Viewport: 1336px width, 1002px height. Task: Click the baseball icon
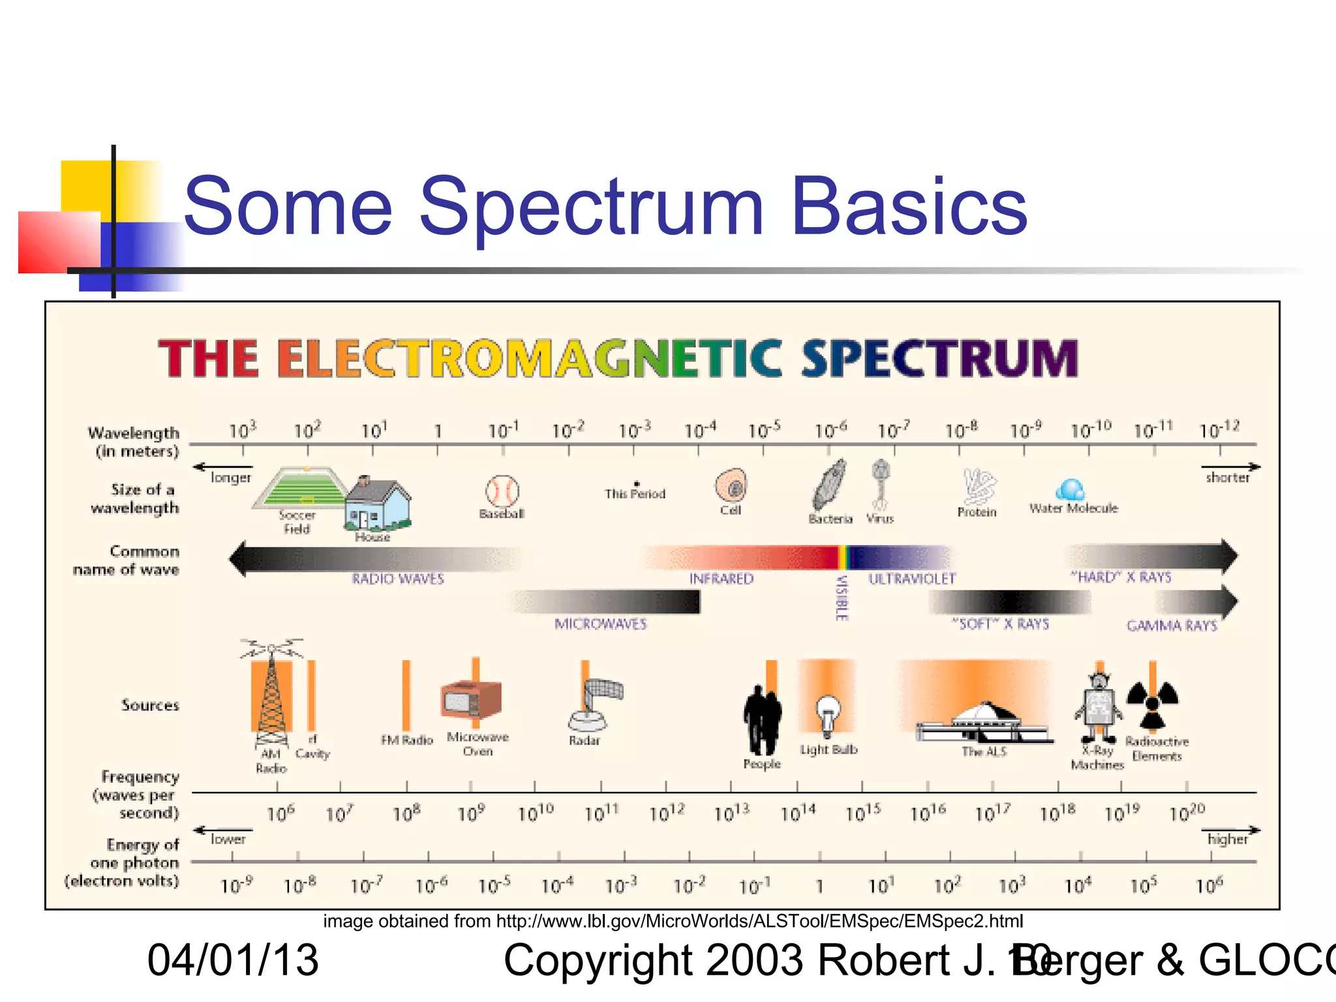(x=502, y=491)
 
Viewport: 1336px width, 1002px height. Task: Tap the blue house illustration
(x=377, y=505)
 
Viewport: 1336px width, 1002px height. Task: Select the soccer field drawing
(x=301, y=487)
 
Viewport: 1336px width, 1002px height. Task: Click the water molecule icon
(x=1070, y=489)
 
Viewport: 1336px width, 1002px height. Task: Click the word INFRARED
(x=721, y=579)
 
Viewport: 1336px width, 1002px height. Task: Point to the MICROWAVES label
(x=600, y=624)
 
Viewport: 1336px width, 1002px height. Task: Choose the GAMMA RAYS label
(x=1172, y=626)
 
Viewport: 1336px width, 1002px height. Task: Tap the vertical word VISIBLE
(x=842, y=598)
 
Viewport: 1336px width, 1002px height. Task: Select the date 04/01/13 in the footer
(x=233, y=960)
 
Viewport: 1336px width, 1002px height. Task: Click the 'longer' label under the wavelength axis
(x=231, y=478)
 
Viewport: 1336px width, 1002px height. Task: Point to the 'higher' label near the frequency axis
(x=1227, y=839)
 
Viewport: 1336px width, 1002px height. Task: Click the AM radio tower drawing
(x=271, y=698)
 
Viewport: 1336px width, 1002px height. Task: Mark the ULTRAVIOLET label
(x=911, y=579)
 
